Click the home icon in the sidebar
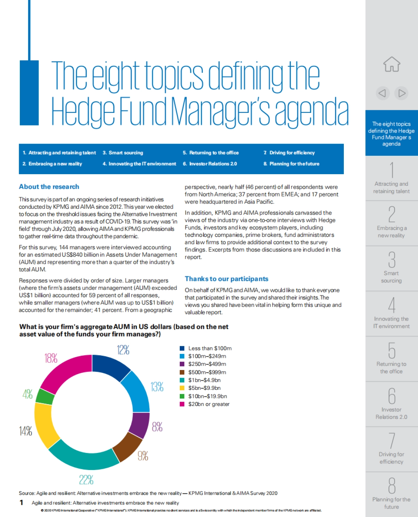point(392,64)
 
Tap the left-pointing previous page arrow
point(382,93)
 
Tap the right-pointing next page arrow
point(402,93)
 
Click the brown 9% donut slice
point(127,446)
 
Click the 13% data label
point(157,387)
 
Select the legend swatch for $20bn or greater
point(182,404)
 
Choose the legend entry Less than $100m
point(210,348)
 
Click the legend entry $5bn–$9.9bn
point(204,388)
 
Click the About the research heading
point(49,187)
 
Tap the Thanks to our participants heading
point(226,279)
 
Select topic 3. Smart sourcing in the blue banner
point(123,153)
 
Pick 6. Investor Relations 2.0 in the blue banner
point(210,164)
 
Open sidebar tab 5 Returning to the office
point(391,359)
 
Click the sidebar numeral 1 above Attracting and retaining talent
point(392,170)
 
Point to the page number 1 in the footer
point(22,502)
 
